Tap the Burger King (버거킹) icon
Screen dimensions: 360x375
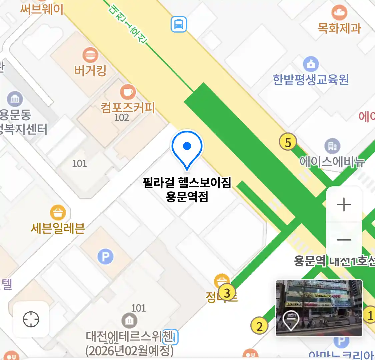point(90,55)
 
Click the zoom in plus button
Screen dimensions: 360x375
point(344,204)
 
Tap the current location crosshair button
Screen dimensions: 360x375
point(31,319)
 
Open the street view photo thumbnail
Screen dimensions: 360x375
point(319,308)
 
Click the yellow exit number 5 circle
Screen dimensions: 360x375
point(288,142)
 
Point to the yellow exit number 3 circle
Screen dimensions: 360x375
point(227,293)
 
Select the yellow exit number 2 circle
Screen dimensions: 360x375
point(259,326)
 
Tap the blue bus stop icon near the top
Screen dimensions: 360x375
point(179,24)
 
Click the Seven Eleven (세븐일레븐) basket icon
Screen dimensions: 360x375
point(58,213)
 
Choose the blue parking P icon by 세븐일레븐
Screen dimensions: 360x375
point(105,257)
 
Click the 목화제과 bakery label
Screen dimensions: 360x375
point(339,28)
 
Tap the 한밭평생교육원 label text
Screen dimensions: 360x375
point(311,80)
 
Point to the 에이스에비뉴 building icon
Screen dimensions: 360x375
point(332,146)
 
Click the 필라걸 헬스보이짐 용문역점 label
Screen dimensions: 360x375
point(187,190)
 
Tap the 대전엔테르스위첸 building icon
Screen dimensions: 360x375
point(129,321)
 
